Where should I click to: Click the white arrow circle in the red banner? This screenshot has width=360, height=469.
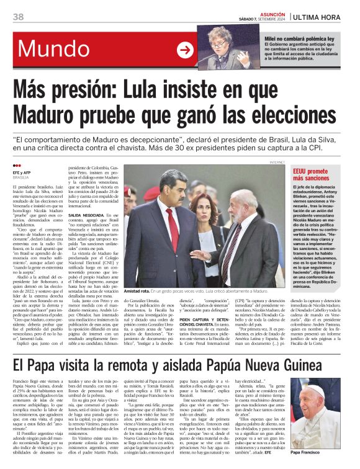185,50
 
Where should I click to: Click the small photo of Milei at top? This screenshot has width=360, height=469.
219,47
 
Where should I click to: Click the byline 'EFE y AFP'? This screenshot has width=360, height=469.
22,173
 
